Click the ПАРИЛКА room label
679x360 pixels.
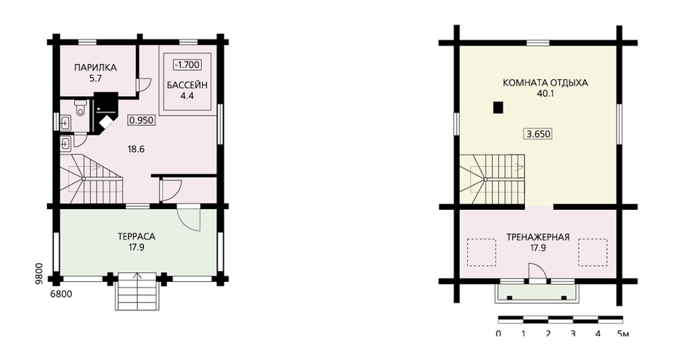pyautogui.click(x=95, y=67)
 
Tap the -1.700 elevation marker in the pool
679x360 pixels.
pyautogui.click(x=187, y=65)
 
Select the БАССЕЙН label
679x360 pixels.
pyautogui.click(x=187, y=85)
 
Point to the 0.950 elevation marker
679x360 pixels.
pyautogui.click(x=142, y=120)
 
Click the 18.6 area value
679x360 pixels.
pyautogui.click(x=136, y=149)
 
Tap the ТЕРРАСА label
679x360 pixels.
pyautogui.click(x=136, y=237)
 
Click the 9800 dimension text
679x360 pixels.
pyautogui.click(x=39, y=273)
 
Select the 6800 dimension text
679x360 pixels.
pyautogui.click(x=61, y=295)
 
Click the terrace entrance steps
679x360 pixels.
pyautogui.click(x=136, y=291)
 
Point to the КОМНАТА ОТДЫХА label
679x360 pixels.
pyautogui.click(x=545, y=83)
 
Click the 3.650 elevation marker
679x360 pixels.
pyautogui.click(x=538, y=134)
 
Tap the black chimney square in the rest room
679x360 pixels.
pyautogui.click(x=498, y=107)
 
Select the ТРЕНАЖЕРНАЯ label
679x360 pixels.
pyautogui.click(x=538, y=238)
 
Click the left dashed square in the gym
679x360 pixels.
pyautogui.click(x=481, y=252)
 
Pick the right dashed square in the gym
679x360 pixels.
pyautogui.click(x=593, y=252)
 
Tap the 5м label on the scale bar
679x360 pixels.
pyautogui.click(x=623, y=334)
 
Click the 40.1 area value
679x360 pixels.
pyautogui.click(x=545, y=94)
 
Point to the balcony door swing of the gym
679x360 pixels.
pyautogui.click(x=537, y=272)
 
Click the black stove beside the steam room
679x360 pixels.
pyautogui.click(x=105, y=112)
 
